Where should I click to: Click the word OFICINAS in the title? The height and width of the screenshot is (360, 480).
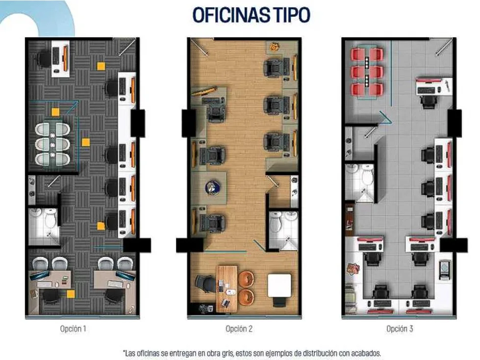(x=230, y=15)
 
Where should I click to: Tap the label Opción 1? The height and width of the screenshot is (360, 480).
(x=73, y=329)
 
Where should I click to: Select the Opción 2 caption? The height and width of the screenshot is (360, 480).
(x=239, y=329)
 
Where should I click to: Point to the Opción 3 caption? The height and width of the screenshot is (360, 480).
(x=400, y=329)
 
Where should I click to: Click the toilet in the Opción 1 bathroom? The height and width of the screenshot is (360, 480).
(x=50, y=218)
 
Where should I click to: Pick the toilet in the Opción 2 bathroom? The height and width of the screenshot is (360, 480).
(x=276, y=222)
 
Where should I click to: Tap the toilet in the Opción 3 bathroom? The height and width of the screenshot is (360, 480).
(x=367, y=175)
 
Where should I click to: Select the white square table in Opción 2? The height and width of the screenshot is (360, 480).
(x=279, y=285)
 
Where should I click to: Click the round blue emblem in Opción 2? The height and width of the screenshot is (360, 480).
(x=212, y=188)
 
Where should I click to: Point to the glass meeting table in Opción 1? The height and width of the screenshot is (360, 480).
(x=52, y=144)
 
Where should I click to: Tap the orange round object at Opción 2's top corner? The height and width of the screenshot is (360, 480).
(x=274, y=47)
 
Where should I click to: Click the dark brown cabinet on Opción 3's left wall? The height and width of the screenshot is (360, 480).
(x=349, y=218)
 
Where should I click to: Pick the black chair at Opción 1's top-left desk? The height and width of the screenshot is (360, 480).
(x=45, y=58)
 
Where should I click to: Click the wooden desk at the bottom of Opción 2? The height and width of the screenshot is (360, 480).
(x=227, y=289)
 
